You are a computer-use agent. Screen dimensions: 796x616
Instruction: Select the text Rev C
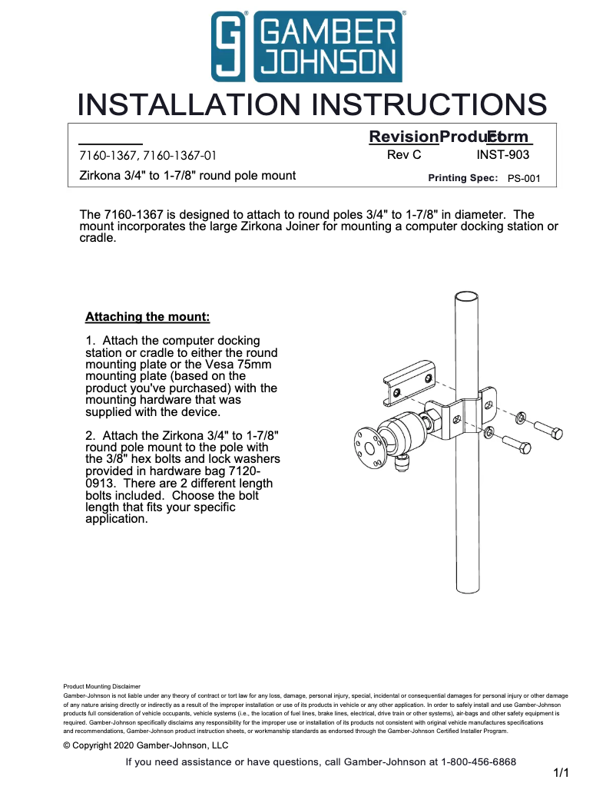[403, 154]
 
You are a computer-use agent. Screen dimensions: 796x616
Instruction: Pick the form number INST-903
[502, 154]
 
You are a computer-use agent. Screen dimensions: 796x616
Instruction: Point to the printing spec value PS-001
[524, 178]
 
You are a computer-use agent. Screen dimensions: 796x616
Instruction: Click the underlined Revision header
[403, 137]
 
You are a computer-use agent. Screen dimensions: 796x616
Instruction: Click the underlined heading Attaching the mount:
[147, 316]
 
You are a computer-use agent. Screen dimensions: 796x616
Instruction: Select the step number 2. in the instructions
[91, 435]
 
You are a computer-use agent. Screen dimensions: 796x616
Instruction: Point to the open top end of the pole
[467, 296]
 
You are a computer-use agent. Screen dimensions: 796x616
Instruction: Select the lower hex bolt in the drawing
[516, 443]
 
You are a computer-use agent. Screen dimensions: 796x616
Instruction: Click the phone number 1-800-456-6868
[478, 761]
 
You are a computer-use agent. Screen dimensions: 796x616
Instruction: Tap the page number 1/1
[561, 773]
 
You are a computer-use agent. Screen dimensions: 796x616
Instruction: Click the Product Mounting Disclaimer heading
[101, 686]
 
